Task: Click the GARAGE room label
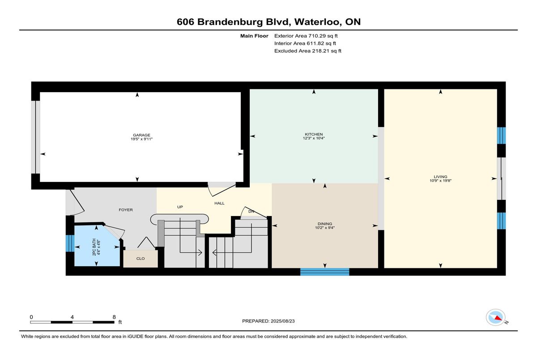click(x=141, y=135)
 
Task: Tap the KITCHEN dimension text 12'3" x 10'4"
click(x=314, y=138)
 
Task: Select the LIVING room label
click(x=440, y=177)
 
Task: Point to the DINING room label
click(x=325, y=224)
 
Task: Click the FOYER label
click(x=126, y=210)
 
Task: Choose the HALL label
click(x=219, y=203)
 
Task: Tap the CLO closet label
click(x=141, y=258)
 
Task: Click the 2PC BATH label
click(x=94, y=247)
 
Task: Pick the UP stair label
click(x=180, y=207)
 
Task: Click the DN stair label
click(x=251, y=212)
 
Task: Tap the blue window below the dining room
click(x=324, y=272)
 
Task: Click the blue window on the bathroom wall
click(x=70, y=243)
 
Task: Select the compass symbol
click(x=495, y=318)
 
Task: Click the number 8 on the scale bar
click(x=114, y=317)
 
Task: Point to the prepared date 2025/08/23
click(x=283, y=321)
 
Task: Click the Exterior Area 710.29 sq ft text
click(x=306, y=36)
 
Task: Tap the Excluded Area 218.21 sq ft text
click(x=308, y=51)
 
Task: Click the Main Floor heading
click(x=254, y=36)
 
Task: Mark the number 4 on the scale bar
click(x=72, y=317)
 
